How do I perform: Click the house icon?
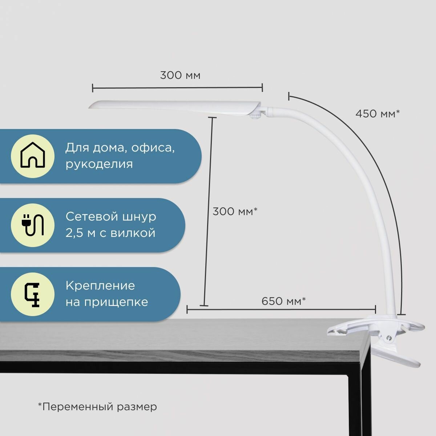32,156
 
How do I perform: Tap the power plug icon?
32,225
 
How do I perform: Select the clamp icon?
32,294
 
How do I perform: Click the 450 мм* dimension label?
377,114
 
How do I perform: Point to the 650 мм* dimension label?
283,301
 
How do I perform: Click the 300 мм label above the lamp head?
180,76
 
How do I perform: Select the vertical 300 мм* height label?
235,211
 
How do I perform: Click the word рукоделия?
99,164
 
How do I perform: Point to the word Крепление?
100,286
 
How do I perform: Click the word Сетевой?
89,217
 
